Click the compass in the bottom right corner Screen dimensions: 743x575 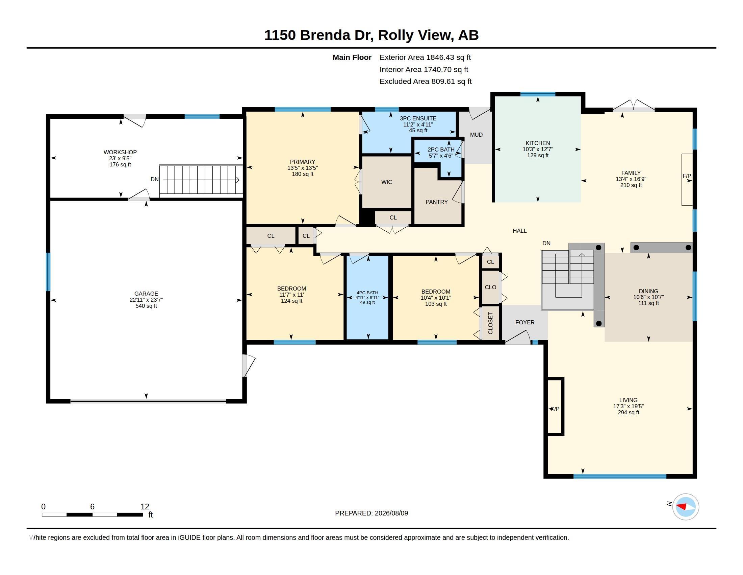pyautogui.click(x=686, y=507)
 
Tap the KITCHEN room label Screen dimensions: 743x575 pyautogui.click(x=538, y=143)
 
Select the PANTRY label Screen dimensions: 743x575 pyautogui.click(x=436, y=202)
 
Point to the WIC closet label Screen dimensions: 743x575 pyautogui.click(x=386, y=182)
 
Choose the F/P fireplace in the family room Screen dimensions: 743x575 pyautogui.click(x=687, y=180)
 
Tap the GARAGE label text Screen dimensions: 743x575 pyautogui.click(x=146, y=294)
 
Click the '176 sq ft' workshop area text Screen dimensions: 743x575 pyautogui.click(x=120, y=164)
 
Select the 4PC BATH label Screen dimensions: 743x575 pyautogui.click(x=367, y=293)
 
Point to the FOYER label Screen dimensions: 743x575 pyautogui.click(x=524, y=322)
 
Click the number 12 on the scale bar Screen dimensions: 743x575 pyautogui.click(x=145, y=507)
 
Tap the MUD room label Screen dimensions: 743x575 pyautogui.click(x=476, y=135)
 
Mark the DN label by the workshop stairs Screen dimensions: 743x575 pyautogui.click(x=154, y=180)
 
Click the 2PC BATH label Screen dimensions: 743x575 pyautogui.click(x=441, y=149)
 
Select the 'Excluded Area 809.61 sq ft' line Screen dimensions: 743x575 pyautogui.click(x=426, y=82)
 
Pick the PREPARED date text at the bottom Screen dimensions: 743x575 pyautogui.click(x=371, y=513)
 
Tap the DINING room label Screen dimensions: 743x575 pyautogui.click(x=648, y=291)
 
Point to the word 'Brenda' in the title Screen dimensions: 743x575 pyautogui.click(x=325, y=35)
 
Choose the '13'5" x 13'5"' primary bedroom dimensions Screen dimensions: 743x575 pyautogui.click(x=303, y=168)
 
